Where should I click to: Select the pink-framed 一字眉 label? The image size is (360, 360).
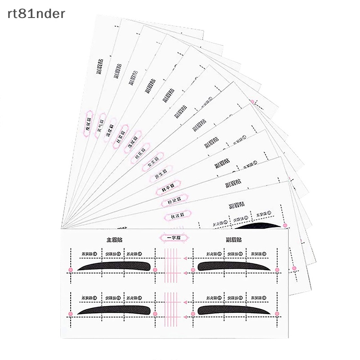tap(174, 238)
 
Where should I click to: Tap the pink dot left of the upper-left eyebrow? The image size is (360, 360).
tap(70, 270)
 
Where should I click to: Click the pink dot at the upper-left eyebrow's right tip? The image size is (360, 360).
tap(155, 270)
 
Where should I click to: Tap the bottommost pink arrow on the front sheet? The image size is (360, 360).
tap(185, 315)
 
